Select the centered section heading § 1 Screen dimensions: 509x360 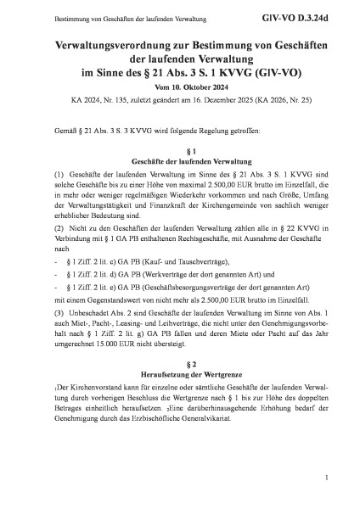pos(180,148)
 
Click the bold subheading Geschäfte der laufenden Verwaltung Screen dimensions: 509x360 pos(180,159)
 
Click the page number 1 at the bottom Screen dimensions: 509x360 pos(326,480)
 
